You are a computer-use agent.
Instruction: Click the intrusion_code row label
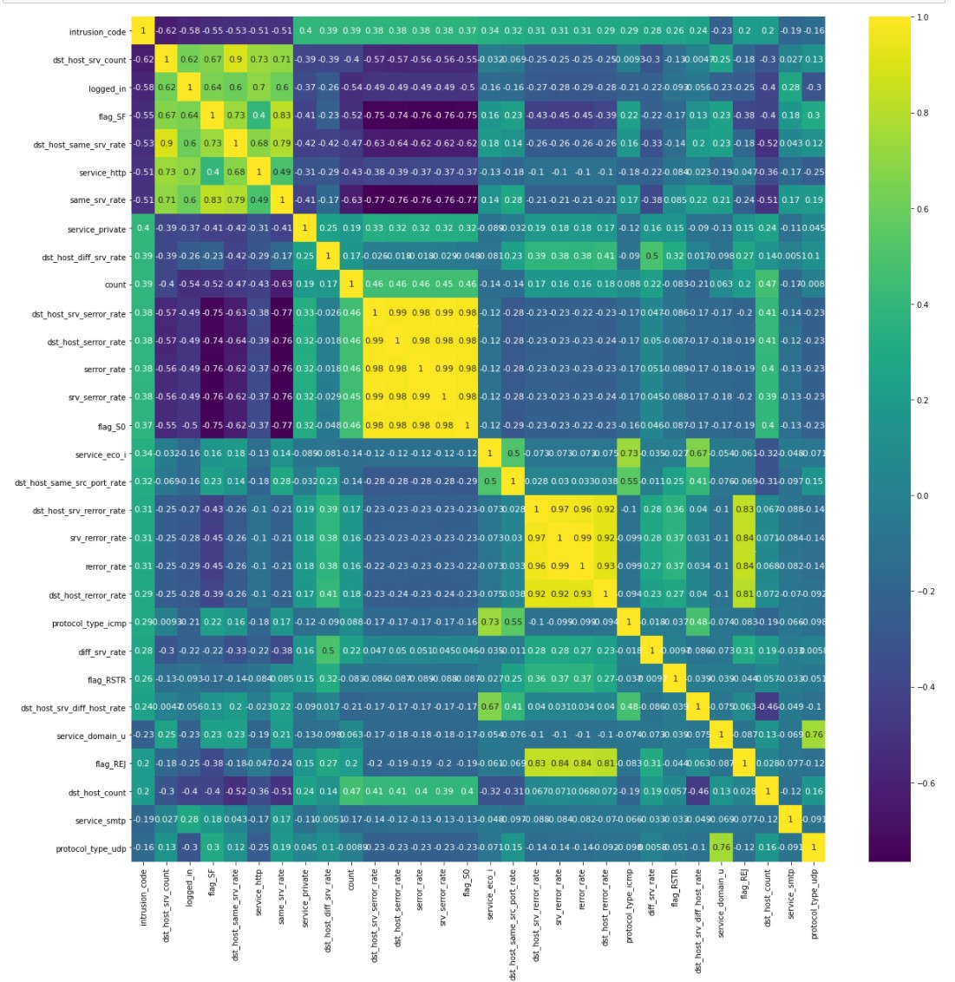point(97,32)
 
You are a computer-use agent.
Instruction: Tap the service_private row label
point(96,230)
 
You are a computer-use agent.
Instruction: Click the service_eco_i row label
point(100,454)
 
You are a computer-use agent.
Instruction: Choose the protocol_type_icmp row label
point(89,623)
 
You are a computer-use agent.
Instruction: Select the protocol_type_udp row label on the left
point(90,848)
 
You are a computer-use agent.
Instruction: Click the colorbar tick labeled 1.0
point(922,17)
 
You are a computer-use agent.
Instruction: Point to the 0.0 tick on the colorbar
point(922,496)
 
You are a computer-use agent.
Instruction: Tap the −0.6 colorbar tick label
point(925,783)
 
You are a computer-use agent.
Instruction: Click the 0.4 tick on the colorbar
point(922,304)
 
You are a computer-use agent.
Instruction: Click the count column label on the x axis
point(351,881)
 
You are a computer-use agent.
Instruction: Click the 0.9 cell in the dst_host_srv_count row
point(236,60)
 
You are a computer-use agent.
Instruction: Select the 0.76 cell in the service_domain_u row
point(814,736)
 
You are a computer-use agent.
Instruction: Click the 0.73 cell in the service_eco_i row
point(629,454)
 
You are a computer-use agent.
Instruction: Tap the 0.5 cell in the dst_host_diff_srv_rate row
point(652,257)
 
